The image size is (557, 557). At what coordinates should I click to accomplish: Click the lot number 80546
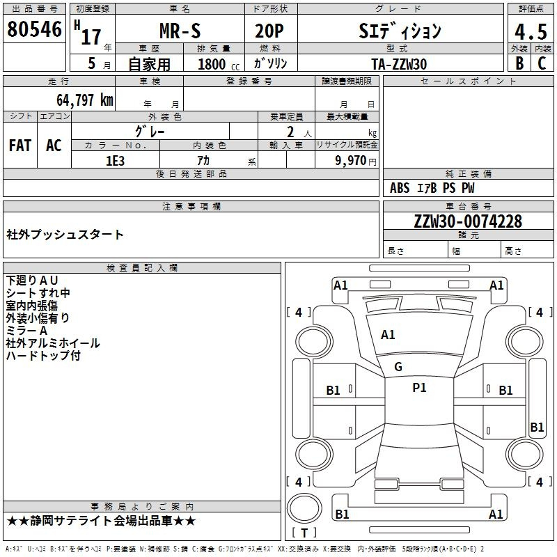[x=34, y=29]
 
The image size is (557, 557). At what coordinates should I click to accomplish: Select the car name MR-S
[x=180, y=31]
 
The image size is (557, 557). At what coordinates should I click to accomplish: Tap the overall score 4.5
[x=531, y=31]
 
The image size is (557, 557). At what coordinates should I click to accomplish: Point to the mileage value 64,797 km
[x=85, y=100]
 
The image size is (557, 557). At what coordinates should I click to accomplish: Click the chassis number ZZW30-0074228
[x=468, y=221]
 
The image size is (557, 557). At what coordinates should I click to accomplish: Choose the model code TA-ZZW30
[x=399, y=64]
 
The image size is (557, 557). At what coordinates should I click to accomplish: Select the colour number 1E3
[x=115, y=161]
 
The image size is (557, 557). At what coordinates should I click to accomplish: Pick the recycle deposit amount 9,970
[x=351, y=161]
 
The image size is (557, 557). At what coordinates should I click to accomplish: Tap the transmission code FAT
[x=20, y=146]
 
